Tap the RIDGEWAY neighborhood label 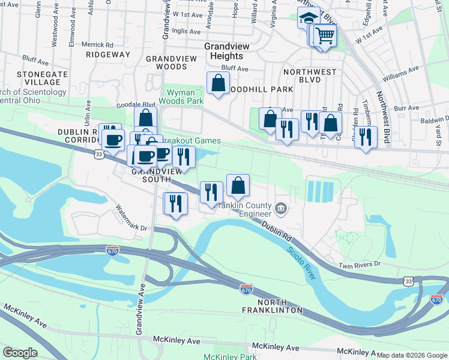pyautogui.click(x=108, y=55)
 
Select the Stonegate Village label pyautogui.click(x=38, y=77)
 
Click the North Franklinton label pyautogui.click(x=280, y=305)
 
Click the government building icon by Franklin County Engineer pyautogui.click(x=281, y=209)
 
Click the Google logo pyautogui.click(x=20, y=353)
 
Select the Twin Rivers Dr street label pyautogui.click(x=360, y=264)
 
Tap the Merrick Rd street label pyautogui.click(x=97, y=44)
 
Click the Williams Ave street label pyautogui.click(x=400, y=74)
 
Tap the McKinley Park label pyautogui.click(x=230, y=357)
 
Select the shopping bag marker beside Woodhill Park pyautogui.click(x=218, y=83)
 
